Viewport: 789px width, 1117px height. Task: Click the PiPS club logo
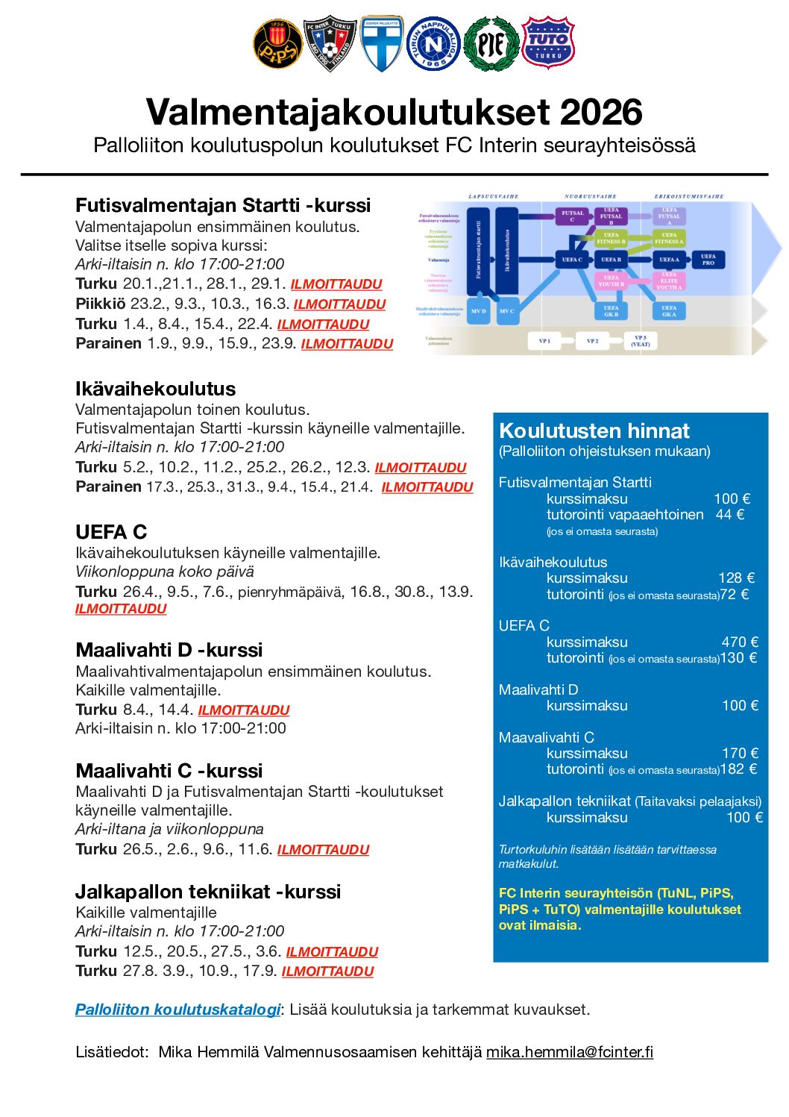pos(277,44)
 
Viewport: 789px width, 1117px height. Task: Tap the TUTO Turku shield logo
pos(548,43)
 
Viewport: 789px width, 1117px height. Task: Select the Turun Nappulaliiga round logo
pos(433,44)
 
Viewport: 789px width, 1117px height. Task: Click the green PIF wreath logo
pos(491,44)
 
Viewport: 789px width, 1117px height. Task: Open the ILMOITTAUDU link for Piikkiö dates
pos(339,304)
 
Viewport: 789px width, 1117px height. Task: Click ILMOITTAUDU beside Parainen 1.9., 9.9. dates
pos(347,344)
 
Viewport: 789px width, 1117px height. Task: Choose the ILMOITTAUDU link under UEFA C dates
pos(121,609)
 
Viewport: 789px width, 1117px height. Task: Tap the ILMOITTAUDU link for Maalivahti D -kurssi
pos(244,710)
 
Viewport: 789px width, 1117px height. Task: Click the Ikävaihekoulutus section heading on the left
pos(155,389)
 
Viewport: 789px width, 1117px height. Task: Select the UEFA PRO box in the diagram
pos(708,260)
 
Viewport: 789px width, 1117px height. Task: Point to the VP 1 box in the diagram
pos(544,341)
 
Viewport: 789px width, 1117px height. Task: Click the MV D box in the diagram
pos(479,311)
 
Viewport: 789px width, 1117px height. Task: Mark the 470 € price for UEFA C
pos(740,642)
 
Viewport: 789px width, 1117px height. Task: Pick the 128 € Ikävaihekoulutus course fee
pos(736,578)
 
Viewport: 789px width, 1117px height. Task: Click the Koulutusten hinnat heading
pos(594,431)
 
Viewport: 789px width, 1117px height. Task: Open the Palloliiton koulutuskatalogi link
pos(177,1010)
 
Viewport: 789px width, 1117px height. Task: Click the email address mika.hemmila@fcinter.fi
pos(570,1052)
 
